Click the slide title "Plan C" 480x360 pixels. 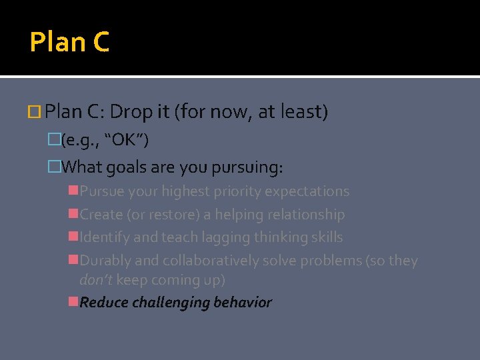tap(69, 43)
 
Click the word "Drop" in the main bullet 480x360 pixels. tap(131, 112)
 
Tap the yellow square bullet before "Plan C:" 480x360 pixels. tap(37, 112)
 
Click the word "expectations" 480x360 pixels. tap(307, 191)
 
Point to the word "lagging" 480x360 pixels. tap(216, 237)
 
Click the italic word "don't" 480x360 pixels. tap(96, 280)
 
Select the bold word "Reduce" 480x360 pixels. tap(104, 303)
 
